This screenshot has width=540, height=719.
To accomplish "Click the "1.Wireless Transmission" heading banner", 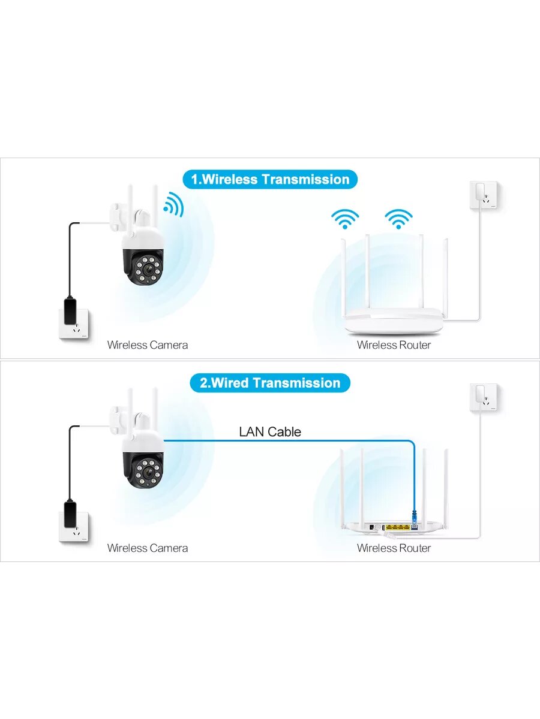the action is pyautogui.click(x=270, y=179).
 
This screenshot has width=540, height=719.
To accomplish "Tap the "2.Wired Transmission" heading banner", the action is pyautogui.click(x=270, y=383).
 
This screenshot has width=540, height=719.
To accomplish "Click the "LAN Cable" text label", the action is pyautogui.click(x=270, y=431).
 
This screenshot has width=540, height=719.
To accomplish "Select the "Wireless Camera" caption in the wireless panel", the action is pyautogui.click(x=148, y=345).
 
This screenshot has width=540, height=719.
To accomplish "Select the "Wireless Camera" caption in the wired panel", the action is pyautogui.click(x=148, y=548).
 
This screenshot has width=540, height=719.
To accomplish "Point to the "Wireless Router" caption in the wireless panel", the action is pyautogui.click(x=394, y=345).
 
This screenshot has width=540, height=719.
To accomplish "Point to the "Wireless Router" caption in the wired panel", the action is pyautogui.click(x=394, y=548).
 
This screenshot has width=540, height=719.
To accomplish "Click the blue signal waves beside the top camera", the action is pyautogui.click(x=174, y=204).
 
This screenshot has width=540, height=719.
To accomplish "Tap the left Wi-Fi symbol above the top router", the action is pyautogui.click(x=346, y=219).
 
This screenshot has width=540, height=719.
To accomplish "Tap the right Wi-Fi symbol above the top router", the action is pyautogui.click(x=398, y=219).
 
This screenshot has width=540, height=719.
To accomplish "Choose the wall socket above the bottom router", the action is pyautogui.click(x=484, y=398).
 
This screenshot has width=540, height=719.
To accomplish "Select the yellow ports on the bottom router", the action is pyautogui.click(x=396, y=527).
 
